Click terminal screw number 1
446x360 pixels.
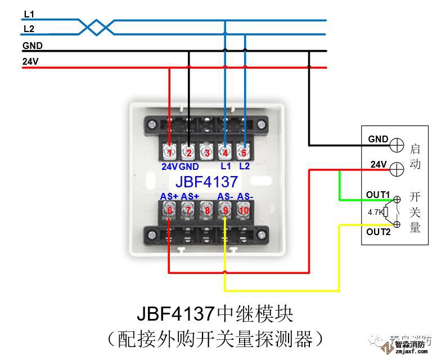[x=170, y=152]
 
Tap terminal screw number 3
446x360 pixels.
[x=207, y=152]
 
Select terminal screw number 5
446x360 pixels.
[x=244, y=152]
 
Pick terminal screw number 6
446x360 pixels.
[x=169, y=210]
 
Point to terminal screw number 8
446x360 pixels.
[x=207, y=210]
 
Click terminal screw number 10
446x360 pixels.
[x=244, y=210]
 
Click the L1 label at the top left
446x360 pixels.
[x=29, y=13]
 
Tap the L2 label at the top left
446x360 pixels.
[x=29, y=28]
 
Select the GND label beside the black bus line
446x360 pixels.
[x=33, y=46]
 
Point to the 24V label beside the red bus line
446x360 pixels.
[x=30, y=61]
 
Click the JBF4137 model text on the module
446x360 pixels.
[x=206, y=181]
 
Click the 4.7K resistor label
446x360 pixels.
[x=375, y=213]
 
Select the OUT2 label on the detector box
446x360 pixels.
[x=378, y=232]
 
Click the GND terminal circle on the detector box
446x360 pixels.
[x=397, y=144]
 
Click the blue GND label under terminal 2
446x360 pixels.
[x=189, y=166]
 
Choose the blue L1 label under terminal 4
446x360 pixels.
[x=226, y=166]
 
